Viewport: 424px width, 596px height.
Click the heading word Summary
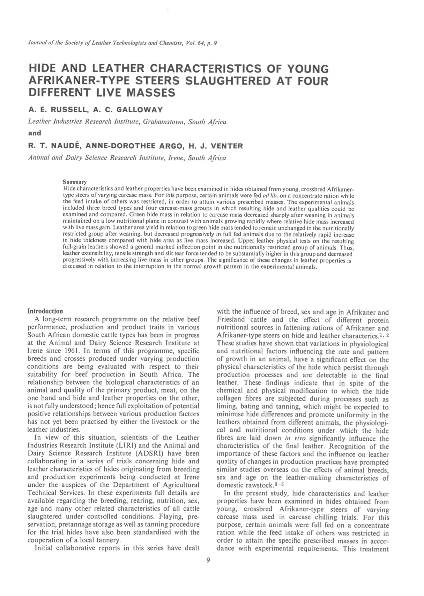(74, 182)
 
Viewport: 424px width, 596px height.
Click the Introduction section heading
(45, 311)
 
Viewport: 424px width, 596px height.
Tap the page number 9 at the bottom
(208, 560)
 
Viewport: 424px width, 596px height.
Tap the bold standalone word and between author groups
(35, 133)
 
